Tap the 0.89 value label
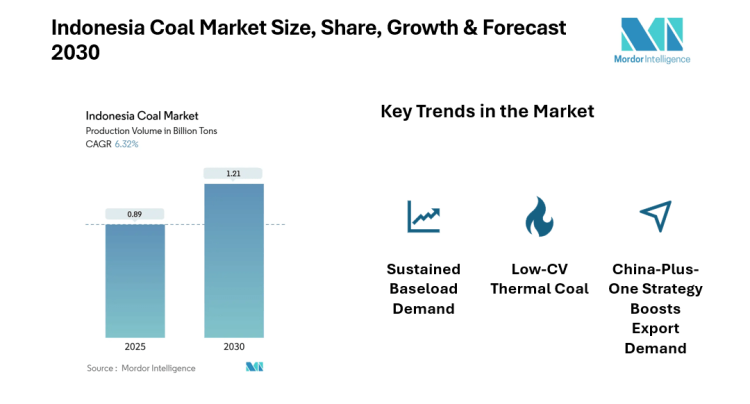click(135, 214)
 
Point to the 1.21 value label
click(234, 174)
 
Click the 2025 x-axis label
click(135, 347)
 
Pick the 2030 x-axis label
click(234, 347)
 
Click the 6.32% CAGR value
click(126, 144)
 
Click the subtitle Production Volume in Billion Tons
click(151, 131)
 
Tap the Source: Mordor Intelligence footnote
click(141, 368)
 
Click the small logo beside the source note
click(254, 367)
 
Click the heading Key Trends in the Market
click(487, 111)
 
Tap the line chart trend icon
click(423, 215)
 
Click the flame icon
click(539, 215)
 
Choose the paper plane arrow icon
click(655, 214)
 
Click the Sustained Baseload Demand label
click(424, 288)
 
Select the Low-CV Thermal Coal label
click(540, 279)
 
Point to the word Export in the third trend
click(656, 328)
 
